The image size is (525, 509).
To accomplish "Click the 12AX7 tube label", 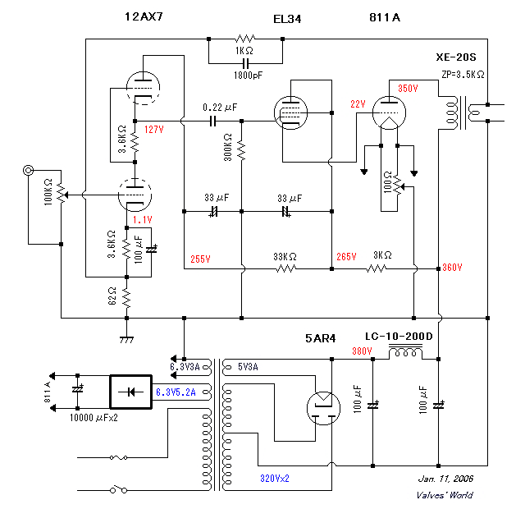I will coord(144,16).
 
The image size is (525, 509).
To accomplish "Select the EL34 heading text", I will coord(286,18).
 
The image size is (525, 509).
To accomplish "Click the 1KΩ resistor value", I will coord(244,51).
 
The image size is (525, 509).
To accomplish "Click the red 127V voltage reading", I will coord(153,129).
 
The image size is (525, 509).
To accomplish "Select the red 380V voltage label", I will coord(362,351).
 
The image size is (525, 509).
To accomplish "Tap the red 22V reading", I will coord(357,103).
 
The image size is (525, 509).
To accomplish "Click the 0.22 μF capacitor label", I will coord(220,108).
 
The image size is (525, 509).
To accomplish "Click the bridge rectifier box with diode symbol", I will coord(131,392).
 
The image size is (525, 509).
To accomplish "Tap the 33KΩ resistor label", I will coord(285,256).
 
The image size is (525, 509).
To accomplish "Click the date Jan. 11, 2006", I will coord(445,479).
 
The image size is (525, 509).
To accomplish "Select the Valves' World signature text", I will coord(445,494).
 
